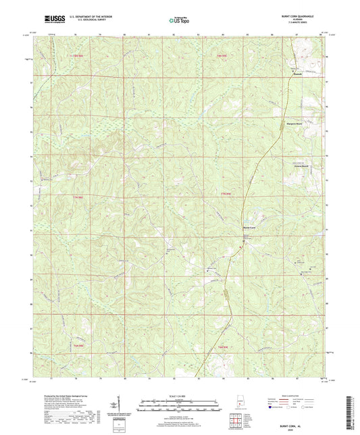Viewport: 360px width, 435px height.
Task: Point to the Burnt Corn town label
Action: click(x=249, y=227)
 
